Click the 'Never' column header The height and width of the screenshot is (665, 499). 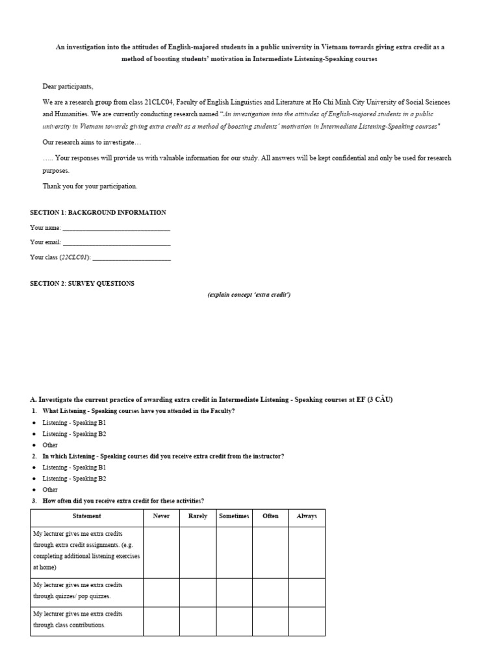click(161, 516)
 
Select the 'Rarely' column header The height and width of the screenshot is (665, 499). click(198, 516)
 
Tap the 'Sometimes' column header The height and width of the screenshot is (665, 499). click(234, 516)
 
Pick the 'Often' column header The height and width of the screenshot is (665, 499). click(270, 516)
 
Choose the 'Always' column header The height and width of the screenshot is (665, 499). click(307, 516)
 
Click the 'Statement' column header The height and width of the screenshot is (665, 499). click(86, 516)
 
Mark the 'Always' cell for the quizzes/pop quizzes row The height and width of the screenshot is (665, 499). click(307, 592)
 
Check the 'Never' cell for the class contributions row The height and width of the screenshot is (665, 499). click(161, 621)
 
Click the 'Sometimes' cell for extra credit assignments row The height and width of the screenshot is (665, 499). click(234, 552)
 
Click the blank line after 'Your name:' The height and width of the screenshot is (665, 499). click(116, 229)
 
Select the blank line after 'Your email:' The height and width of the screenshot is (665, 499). click(116, 243)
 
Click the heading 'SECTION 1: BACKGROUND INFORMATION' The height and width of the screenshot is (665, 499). click(98, 212)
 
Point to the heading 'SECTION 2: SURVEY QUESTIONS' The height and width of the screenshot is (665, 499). click(83, 283)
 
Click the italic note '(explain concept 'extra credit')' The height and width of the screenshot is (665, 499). click(249, 295)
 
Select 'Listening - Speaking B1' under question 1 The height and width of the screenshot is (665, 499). click(74, 423)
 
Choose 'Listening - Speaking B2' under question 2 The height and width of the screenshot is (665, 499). click(74, 479)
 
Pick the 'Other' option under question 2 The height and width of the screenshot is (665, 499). click(50, 490)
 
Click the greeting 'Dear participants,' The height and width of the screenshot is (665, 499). click(68, 86)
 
